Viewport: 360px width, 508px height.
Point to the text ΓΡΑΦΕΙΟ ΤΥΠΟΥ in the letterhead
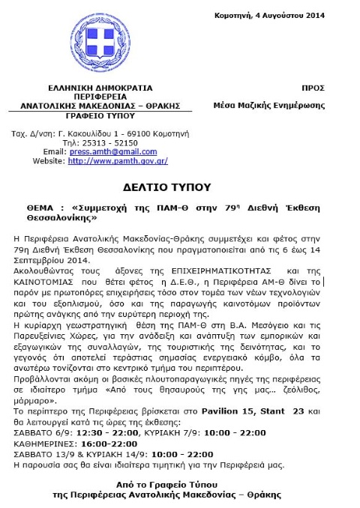coord(94,117)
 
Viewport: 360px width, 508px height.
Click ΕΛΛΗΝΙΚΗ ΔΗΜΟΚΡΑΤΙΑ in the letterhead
coord(94,88)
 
